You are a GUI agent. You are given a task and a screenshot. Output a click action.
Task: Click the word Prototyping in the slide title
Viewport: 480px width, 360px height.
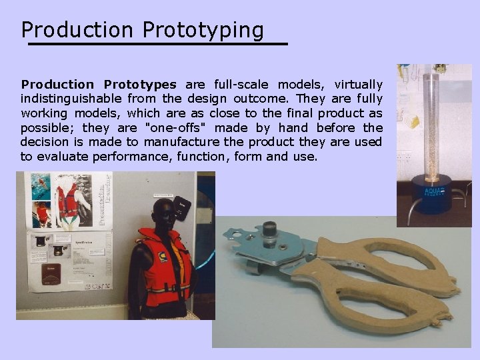pos(203,30)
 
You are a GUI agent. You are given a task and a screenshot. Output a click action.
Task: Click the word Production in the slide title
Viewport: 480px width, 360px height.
pos(77,30)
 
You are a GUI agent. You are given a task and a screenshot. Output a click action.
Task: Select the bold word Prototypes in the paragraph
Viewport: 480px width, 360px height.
pos(140,85)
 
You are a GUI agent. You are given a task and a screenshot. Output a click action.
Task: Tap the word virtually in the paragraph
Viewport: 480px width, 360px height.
pos(358,85)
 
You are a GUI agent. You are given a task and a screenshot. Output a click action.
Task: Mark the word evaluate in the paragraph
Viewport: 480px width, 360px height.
pos(62,156)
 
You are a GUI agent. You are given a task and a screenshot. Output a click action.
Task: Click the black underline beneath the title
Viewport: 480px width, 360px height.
pos(157,44)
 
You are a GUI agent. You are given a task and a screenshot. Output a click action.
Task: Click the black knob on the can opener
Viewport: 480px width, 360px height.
pos(270,231)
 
